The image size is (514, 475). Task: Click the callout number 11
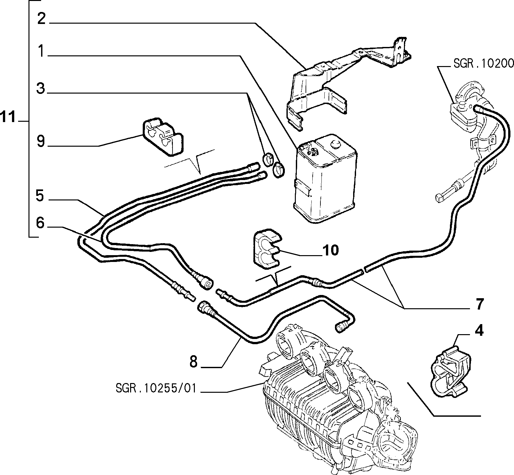pos(8,117)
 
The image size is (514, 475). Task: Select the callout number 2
pos(41,18)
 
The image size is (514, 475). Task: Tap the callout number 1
pos(40,51)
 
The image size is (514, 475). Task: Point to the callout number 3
pos(41,88)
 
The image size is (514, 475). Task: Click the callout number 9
pos(41,141)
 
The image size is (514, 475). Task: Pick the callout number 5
pos(40,196)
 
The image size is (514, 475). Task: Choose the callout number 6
pos(40,222)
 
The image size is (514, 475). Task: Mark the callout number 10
pos(330,250)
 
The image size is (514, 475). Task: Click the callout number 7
pos(479,304)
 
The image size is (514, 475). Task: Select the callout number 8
pos(194,361)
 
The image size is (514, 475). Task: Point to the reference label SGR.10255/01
pos(156,388)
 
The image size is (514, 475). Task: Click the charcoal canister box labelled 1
pos(325,179)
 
